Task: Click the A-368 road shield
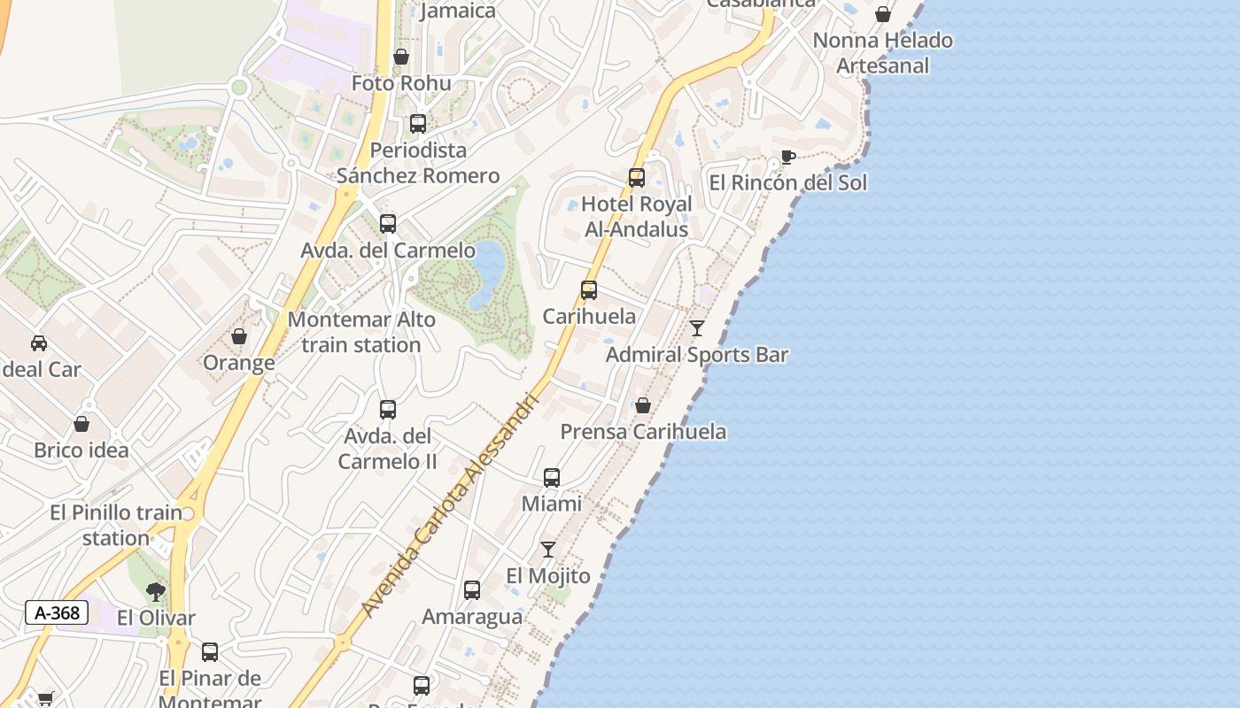pos(57,612)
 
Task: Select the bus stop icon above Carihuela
pos(589,290)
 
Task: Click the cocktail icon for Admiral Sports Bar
pos(697,328)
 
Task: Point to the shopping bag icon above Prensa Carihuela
pos(643,405)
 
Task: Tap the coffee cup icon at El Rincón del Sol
pos(787,158)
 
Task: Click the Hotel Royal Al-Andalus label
pos(636,217)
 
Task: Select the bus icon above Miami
pos(552,478)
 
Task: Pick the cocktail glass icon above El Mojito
pos(548,550)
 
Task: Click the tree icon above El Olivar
pos(156,592)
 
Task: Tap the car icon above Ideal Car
pos(39,343)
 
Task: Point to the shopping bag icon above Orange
pos(239,336)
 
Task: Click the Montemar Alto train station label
pos(361,332)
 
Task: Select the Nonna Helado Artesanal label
pos(882,53)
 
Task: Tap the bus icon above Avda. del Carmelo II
pos(388,410)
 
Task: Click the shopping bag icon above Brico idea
pos(81,424)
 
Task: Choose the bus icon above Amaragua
pos(472,590)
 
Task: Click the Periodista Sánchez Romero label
pos(418,163)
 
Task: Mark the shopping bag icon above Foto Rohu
pos(401,57)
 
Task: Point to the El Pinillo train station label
pos(116,525)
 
